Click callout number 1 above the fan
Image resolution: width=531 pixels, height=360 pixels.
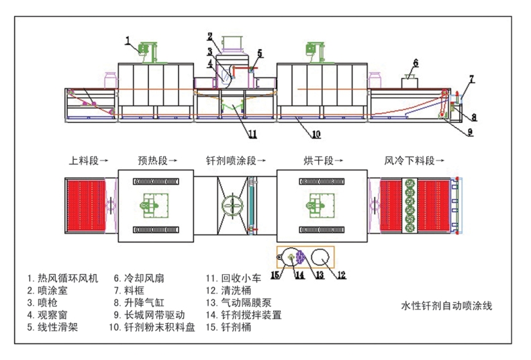tap(128, 40)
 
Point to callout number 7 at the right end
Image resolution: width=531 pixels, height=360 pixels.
tap(471, 79)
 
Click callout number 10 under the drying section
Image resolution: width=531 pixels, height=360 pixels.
tap(316, 134)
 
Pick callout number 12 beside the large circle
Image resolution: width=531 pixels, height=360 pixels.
tap(341, 274)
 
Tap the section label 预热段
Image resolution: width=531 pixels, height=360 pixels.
tap(158, 161)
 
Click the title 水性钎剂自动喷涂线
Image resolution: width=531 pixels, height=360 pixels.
tap(446, 306)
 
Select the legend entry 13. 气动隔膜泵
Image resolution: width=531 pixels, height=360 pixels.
tap(238, 302)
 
